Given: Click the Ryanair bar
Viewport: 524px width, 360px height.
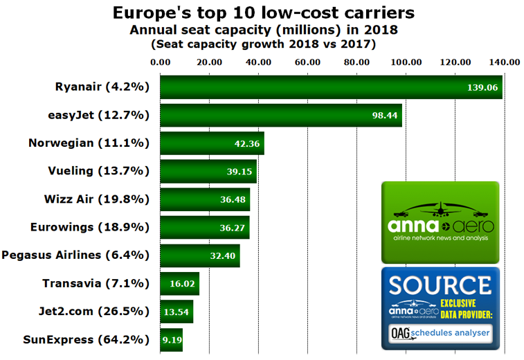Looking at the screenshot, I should pos(331,87).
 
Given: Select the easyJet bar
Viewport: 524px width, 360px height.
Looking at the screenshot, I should pos(280,115).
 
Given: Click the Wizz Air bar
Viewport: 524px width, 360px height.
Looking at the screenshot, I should pos(205,199).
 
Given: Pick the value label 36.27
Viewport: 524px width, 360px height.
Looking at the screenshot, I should pos(232,227).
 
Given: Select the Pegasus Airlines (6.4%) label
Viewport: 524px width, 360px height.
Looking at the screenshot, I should pos(76,255).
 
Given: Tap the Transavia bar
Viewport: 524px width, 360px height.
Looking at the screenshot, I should pos(179,283).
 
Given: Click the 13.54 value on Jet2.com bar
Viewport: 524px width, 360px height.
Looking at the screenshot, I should pos(177,312).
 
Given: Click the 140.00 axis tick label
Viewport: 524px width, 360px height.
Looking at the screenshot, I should pos(504,62).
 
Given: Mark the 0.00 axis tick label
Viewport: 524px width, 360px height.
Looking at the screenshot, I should pos(160,62).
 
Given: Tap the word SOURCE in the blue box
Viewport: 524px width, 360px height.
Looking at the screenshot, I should pos(440,286).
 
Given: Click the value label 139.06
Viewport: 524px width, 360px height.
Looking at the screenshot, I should pos(481,87).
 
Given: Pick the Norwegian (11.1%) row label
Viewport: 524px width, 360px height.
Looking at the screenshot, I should pos(89,143).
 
